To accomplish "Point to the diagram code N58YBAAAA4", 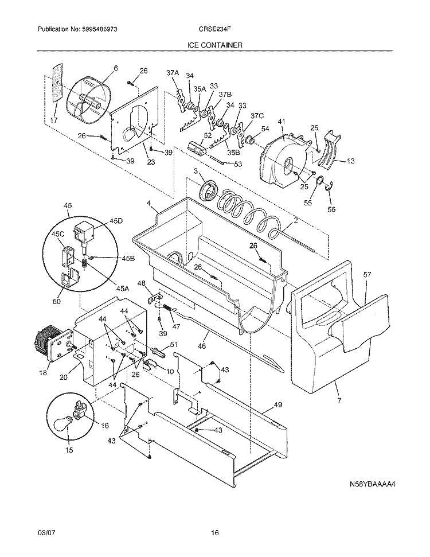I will [373, 484].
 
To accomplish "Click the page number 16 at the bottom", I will [214, 533].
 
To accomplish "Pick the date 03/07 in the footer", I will [45, 533].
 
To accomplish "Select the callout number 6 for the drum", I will [115, 68].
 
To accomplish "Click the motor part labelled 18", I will [49, 344].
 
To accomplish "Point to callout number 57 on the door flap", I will [367, 275].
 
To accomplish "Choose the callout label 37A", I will [173, 73].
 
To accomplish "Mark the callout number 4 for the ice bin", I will [148, 203].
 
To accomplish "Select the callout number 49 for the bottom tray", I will [277, 406].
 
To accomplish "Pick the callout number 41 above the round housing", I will [281, 122].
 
